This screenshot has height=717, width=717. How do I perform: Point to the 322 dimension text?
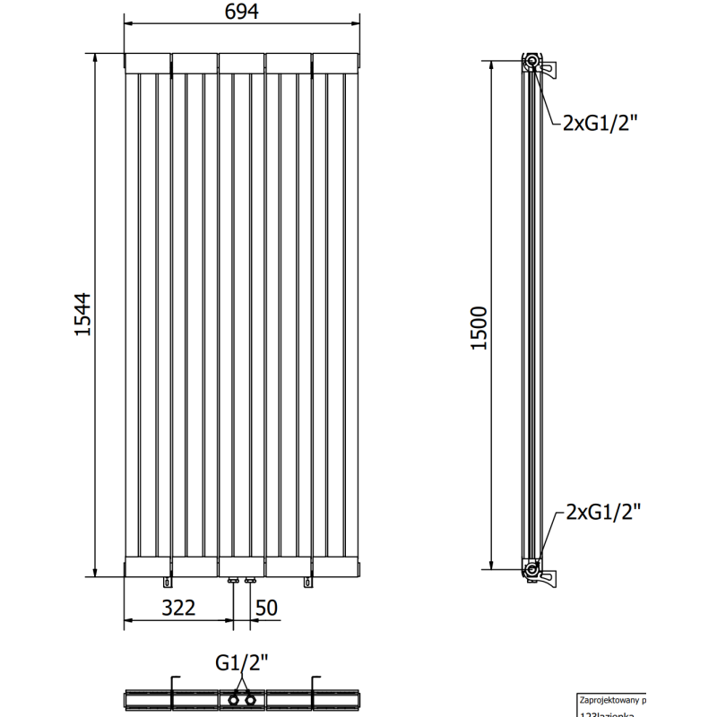coord(178,609)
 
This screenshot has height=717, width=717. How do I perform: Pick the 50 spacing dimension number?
coord(266,609)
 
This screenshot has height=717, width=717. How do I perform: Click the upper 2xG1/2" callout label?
coord(597,124)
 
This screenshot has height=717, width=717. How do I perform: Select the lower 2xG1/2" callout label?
coord(602,513)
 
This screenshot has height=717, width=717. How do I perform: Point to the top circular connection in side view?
coord(532,62)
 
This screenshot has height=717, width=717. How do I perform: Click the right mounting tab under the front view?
coord(309,583)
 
